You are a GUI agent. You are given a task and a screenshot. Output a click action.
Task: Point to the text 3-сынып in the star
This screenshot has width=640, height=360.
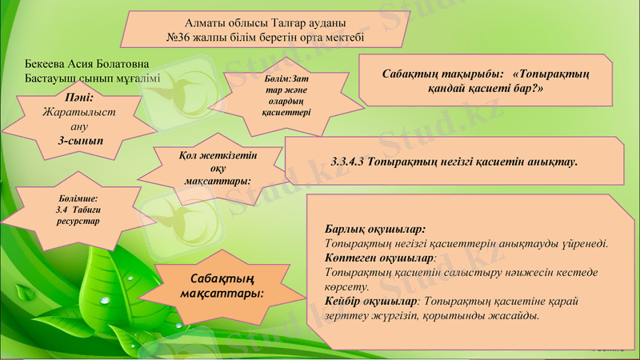coord(78,140)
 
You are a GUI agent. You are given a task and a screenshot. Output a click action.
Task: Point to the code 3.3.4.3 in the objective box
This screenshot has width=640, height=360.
coord(348,162)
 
